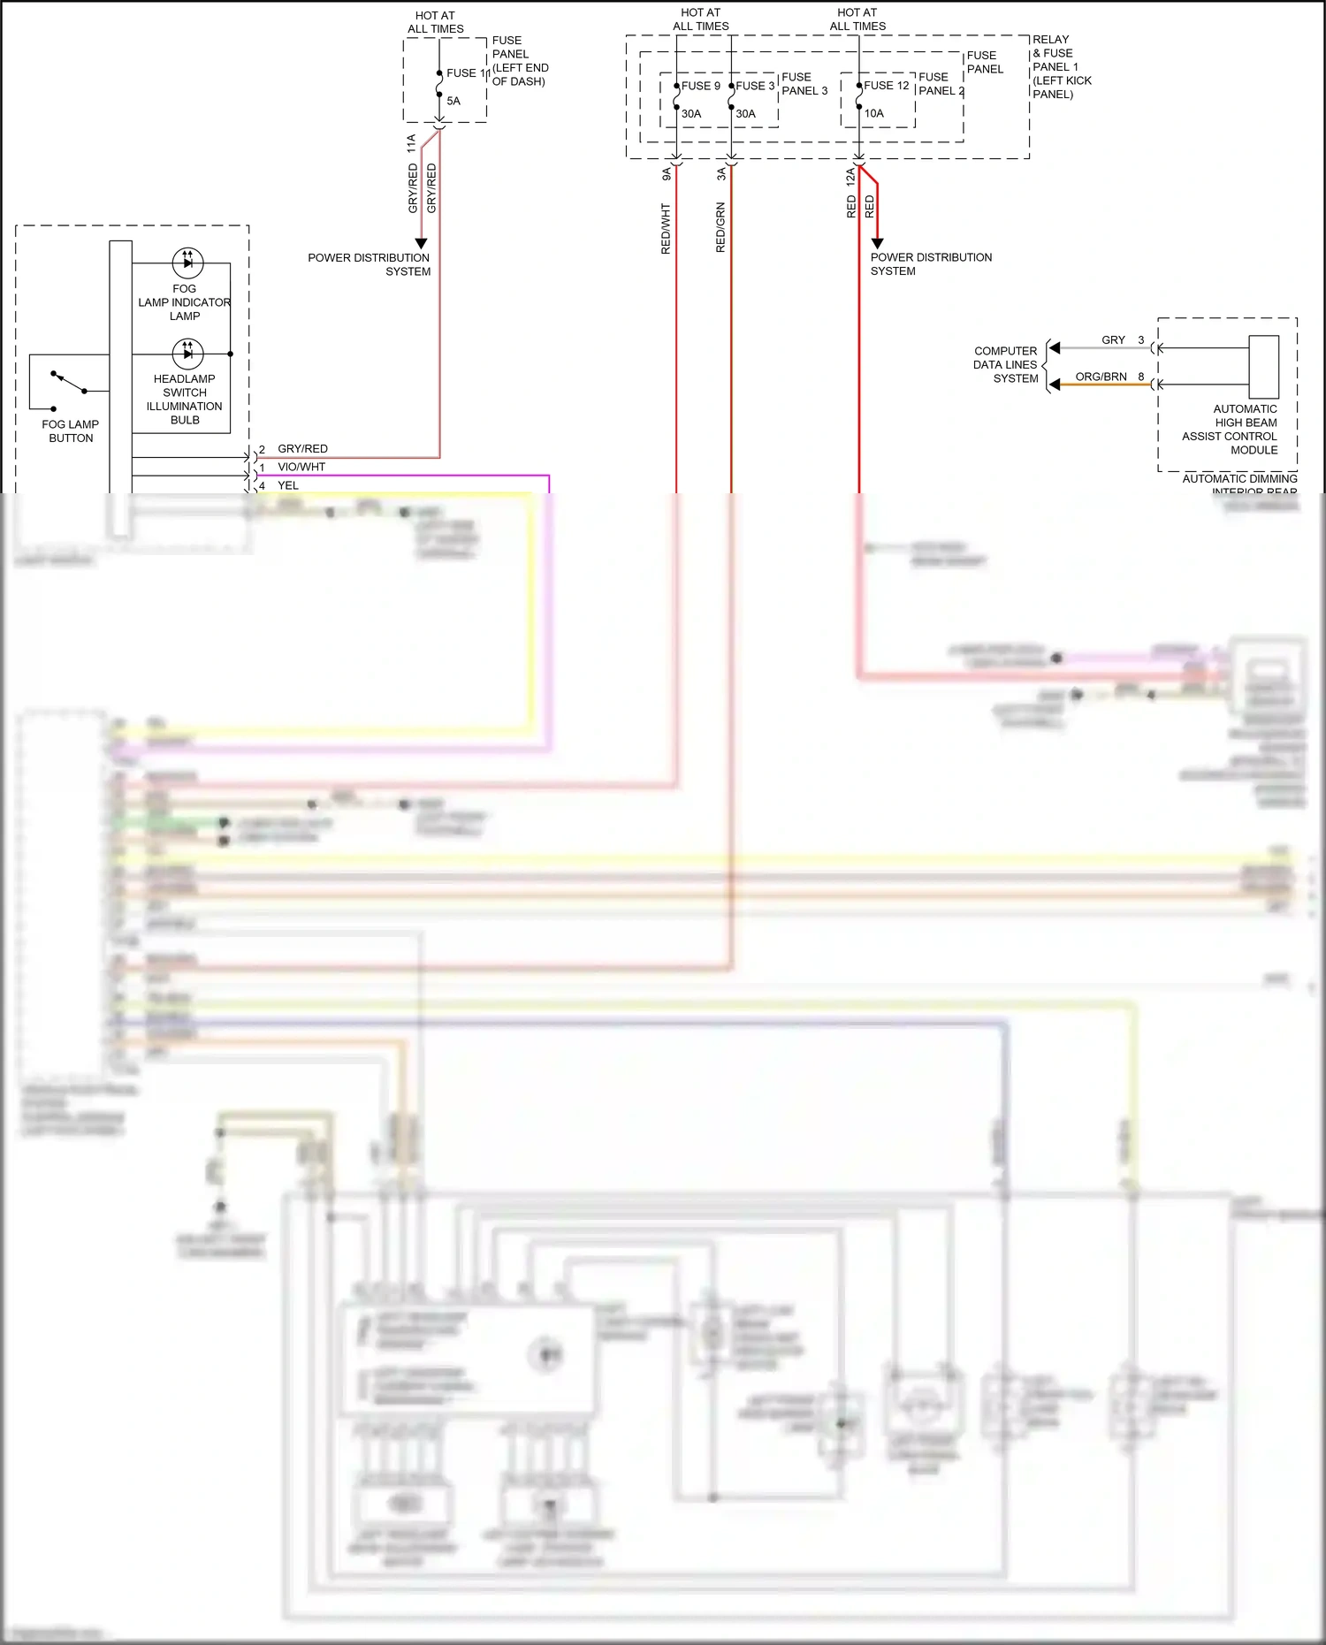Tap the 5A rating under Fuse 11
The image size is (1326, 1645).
pos(453,101)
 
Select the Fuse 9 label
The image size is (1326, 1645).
pos(700,86)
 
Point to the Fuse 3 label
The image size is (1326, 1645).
pos(755,86)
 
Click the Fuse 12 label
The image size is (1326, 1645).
pos(886,86)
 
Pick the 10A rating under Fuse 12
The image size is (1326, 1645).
pos(873,113)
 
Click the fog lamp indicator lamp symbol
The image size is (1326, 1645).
pos(187,263)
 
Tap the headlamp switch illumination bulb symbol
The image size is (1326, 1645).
pos(187,354)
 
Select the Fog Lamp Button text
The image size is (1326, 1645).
pos(71,431)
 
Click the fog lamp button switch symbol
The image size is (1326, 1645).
pos(69,383)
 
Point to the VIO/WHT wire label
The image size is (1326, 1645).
pos(301,467)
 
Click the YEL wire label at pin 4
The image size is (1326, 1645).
pos(288,485)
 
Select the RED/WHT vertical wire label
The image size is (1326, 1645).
pos(666,229)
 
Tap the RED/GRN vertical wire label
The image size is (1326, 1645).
pos(720,227)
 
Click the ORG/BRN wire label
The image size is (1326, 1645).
pos(1101,377)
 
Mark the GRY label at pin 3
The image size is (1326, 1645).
pos(1113,340)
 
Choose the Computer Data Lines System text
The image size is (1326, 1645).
pos(1006,364)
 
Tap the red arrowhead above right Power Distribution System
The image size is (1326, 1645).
pos(877,243)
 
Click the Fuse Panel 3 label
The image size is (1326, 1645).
pos(804,84)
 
